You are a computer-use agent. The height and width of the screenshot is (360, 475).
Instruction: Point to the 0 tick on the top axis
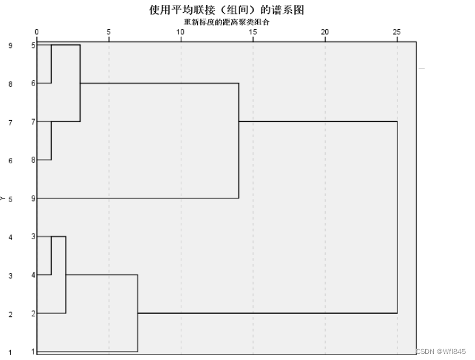click(x=37, y=32)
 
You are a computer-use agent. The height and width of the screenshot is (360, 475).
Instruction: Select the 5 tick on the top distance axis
click(x=109, y=32)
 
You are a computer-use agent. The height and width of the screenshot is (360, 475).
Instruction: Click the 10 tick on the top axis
click(x=181, y=32)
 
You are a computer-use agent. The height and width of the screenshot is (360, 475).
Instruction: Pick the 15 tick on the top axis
click(x=253, y=32)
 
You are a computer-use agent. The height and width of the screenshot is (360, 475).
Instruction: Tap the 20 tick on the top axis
click(x=325, y=32)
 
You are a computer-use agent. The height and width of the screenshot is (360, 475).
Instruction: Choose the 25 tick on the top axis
click(x=397, y=32)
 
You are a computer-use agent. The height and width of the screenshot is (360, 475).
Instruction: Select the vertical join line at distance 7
click(x=138, y=313)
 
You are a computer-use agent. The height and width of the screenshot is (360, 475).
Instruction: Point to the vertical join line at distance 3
click(x=80, y=83)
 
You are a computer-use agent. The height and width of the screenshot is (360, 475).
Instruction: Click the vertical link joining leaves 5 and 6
click(x=52, y=64)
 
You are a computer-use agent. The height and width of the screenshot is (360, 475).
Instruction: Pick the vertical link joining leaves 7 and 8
click(x=52, y=141)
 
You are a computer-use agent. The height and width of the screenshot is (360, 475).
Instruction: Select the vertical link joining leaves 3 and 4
click(x=52, y=256)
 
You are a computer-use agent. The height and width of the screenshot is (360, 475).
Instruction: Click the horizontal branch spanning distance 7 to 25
click(x=267, y=313)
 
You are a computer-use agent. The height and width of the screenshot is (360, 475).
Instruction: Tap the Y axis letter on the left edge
click(x=4, y=198)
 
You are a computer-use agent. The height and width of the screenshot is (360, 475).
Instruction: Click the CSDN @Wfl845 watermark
click(x=441, y=352)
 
